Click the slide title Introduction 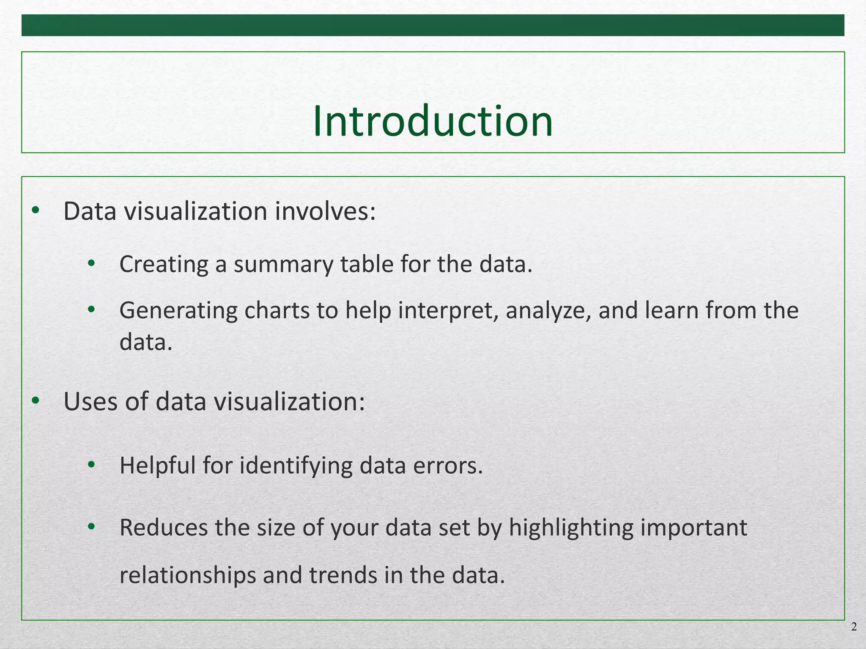[x=433, y=122]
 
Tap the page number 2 [x=854, y=627]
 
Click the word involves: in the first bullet [x=325, y=211]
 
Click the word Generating [x=178, y=311]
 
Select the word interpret [x=448, y=311]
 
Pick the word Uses [x=90, y=401]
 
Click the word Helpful [x=157, y=466]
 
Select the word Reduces [x=164, y=528]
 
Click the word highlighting [x=571, y=529]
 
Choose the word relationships [x=188, y=575]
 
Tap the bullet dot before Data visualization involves [x=36, y=210]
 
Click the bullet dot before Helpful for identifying [x=91, y=465]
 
